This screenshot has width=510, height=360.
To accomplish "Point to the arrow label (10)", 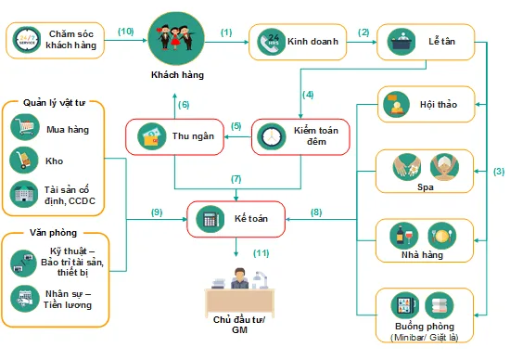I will point(127,31).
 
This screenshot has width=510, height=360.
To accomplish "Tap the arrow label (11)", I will point(262,252).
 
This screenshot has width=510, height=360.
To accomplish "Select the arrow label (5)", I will point(236,126).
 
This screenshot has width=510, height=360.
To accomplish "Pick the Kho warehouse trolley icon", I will point(23,161).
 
